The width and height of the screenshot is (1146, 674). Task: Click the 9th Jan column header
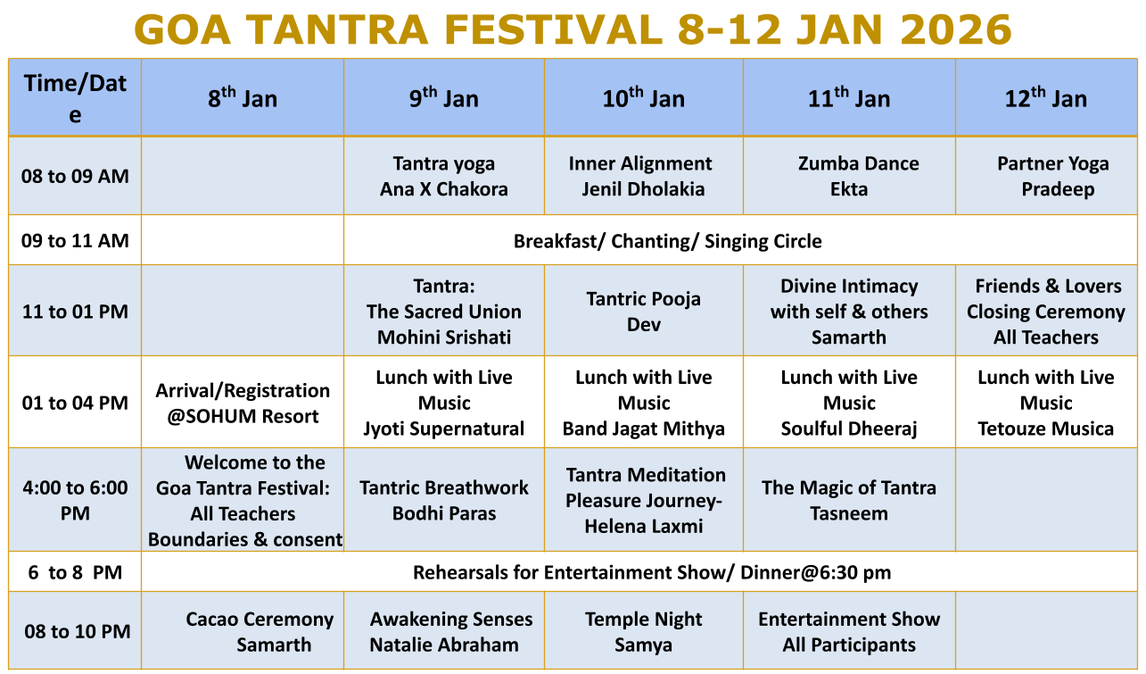pyautogui.click(x=443, y=97)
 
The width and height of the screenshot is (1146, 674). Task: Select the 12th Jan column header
pyautogui.click(x=1046, y=97)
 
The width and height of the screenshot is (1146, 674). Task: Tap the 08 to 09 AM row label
pyautogui.click(x=75, y=176)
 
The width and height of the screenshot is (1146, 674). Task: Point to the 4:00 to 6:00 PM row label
pyautogui.click(x=75, y=501)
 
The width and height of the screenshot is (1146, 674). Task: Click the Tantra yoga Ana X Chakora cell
pyautogui.click(x=443, y=176)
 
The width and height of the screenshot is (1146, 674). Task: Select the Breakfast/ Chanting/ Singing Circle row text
pyautogui.click(x=668, y=241)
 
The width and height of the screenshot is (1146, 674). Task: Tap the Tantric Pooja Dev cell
pyautogui.click(x=644, y=312)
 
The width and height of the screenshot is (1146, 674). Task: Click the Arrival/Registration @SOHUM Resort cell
pyautogui.click(x=243, y=404)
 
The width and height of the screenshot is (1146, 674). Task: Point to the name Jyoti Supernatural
pyautogui.click(x=443, y=429)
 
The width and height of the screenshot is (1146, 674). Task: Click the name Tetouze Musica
pyautogui.click(x=1046, y=429)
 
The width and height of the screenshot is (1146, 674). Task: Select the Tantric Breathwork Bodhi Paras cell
pyautogui.click(x=443, y=501)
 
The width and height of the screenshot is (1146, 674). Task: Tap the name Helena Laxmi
pyautogui.click(x=644, y=527)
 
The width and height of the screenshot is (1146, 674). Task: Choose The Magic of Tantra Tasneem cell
pyautogui.click(x=849, y=501)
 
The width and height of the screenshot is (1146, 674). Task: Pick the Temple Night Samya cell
pyautogui.click(x=644, y=632)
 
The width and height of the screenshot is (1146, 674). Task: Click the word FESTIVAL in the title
pyautogui.click(x=553, y=29)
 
